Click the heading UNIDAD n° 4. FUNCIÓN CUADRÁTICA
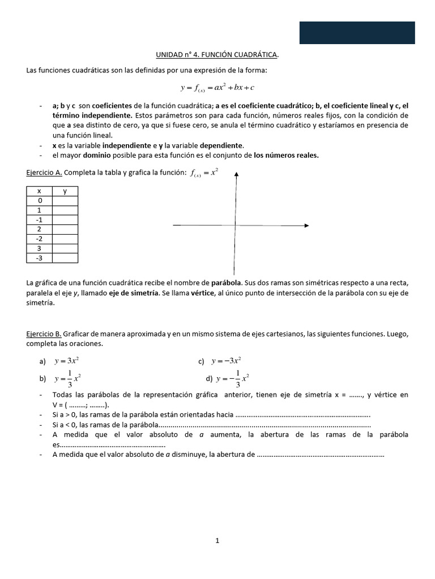point(217,54)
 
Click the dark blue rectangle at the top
point(357,33)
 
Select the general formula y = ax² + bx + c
point(217,88)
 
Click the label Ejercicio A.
point(44,172)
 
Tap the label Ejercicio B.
point(44,334)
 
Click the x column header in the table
point(39,191)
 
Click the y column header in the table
point(65,191)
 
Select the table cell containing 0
point(39,201)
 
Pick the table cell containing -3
point(39,258)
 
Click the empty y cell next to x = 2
point(65,230)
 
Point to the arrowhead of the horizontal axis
point(306,226)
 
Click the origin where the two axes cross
point(234,226)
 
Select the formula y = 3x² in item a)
point(70,361)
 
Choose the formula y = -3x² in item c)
point(227,361)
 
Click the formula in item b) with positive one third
point(69,378)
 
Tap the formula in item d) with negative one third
point(232,378)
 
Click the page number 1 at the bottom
point(217,541)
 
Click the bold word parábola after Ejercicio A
point(226,282)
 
